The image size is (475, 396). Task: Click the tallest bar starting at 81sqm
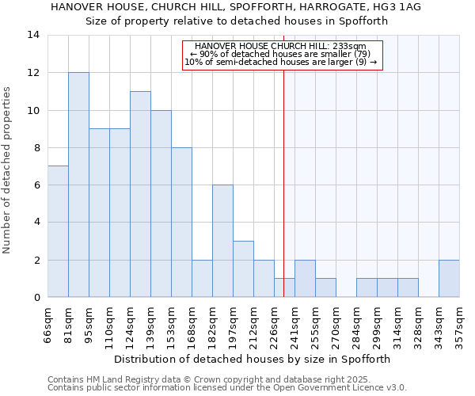(78, 185)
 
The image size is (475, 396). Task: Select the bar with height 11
(140, 194)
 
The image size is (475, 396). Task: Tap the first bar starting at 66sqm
(58, 231)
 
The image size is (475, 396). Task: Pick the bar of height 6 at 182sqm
(222, 241)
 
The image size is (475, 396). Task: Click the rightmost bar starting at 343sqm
(449, 279)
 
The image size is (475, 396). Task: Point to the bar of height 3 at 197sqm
(243, 269)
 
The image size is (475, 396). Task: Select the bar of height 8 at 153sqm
(181, 223)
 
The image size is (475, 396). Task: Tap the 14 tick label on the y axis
(33, 36)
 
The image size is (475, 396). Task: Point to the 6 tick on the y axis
(36, 185)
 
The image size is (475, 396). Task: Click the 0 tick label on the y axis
(36, 298)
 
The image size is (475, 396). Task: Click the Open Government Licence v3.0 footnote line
(227, 388)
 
